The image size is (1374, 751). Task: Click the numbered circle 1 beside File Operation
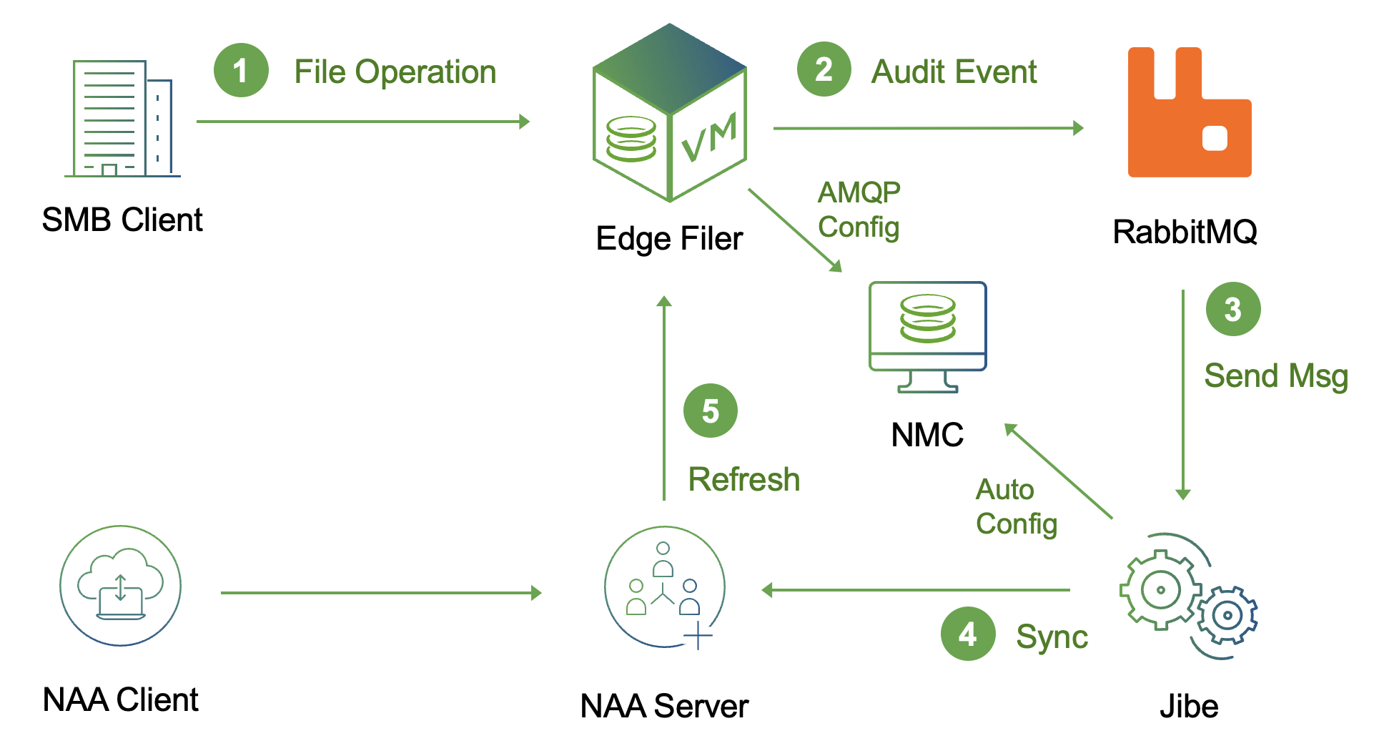click(241, 70)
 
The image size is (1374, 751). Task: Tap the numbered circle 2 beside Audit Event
click(824, 69)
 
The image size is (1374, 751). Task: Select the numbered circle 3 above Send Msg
click(1232, 309)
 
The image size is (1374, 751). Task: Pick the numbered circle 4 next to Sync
click(967, 634)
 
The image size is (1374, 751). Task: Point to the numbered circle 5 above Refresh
click(710, 411)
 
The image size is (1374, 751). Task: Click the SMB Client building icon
click(122, 119)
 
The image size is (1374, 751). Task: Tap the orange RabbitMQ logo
click(1189, 112)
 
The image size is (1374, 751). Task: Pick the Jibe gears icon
click(1187, 596)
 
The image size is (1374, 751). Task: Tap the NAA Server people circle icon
click(665, 587)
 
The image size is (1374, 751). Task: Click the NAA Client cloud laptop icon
click(120, 586)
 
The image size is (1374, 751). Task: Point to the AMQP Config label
click(859, 210)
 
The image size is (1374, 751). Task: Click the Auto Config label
click(1016, 506)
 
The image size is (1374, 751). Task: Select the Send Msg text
click(1275, 376)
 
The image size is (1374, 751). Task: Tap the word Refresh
click(743, 479)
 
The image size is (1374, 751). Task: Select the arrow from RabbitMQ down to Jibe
click(1183, 393)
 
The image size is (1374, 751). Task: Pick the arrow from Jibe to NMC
click(1059, 471)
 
